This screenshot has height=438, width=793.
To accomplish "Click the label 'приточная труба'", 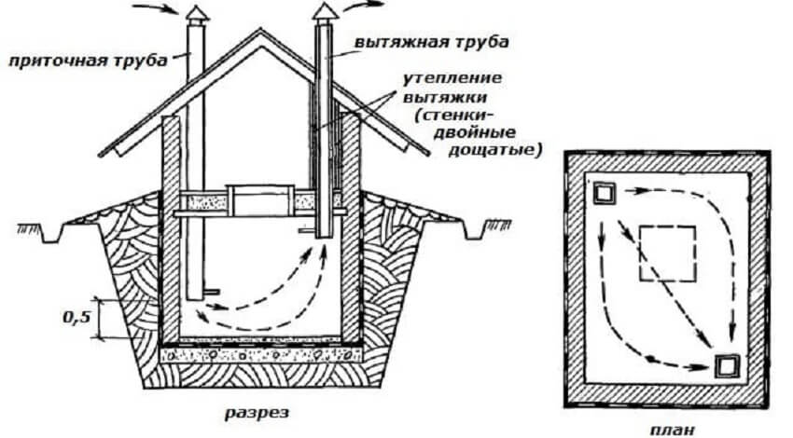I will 90,61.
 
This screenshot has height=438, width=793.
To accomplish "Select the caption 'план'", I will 669,428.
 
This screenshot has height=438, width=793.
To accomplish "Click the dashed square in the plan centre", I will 668,252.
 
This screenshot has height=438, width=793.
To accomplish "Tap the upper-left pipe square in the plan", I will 605,194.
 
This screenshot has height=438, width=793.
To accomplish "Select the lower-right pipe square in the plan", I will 727,365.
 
